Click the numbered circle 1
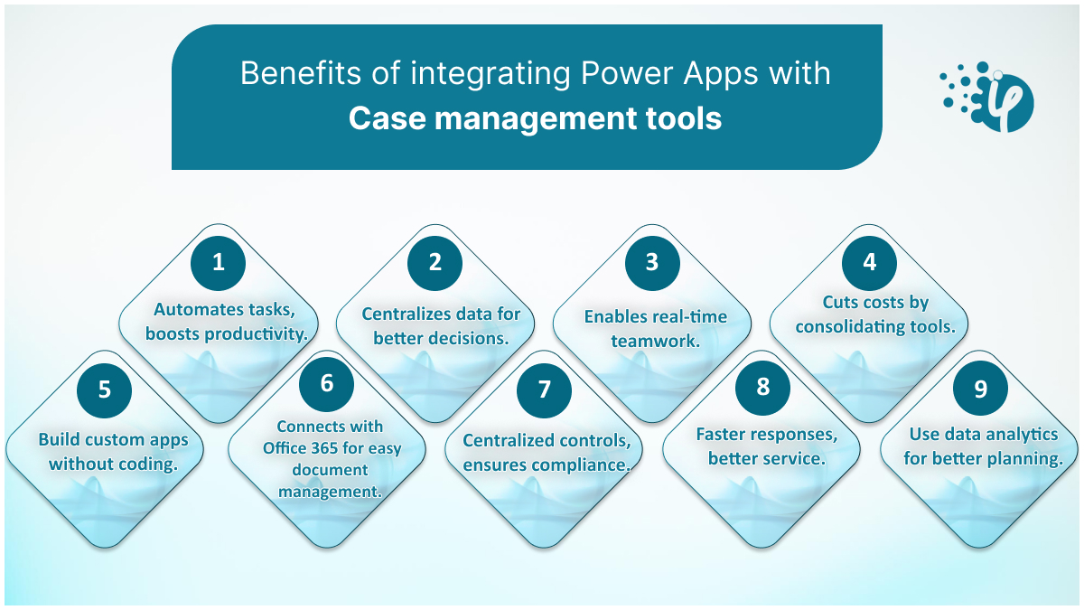[219, 263]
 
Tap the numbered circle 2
[435, 263]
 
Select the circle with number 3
[652, 263]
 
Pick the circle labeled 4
[870, 263]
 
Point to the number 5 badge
[105, 390]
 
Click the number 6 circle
[327, 384]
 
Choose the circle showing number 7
[545, 390]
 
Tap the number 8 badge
[763, 388]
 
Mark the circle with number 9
[981, 389]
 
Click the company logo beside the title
[987, 97]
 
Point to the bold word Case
[388, 118]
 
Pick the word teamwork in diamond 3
[656, 341]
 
